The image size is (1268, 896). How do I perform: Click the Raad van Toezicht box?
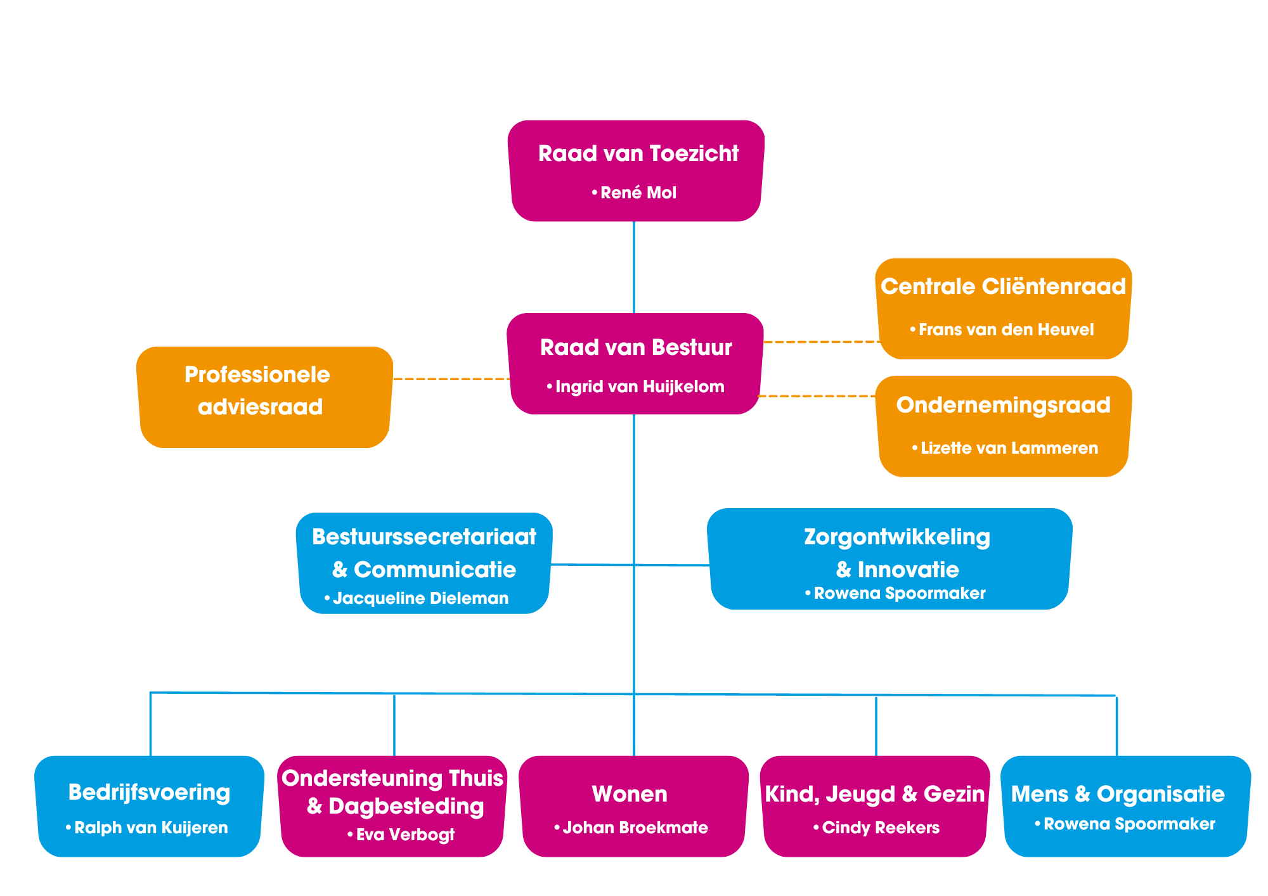coord(636,171)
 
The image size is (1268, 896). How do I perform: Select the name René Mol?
coord(637,193)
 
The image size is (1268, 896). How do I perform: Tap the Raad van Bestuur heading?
coord(636,347)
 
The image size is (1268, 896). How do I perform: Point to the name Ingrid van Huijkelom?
coord(639,387)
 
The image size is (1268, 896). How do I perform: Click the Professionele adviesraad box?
coord(264,397)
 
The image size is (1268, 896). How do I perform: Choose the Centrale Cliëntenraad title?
coord(1003,286)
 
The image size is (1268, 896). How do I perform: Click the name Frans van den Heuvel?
coord(1006,330)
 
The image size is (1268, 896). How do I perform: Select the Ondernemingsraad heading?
coord(1003,405)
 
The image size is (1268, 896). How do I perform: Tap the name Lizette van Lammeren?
coord(1008,448)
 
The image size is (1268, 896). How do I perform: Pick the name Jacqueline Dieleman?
coord(420,598)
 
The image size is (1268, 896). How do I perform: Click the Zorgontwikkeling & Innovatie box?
coord(890,559)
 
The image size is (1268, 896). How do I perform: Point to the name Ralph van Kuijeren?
coord(150,828)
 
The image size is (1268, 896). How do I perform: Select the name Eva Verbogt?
coord(404,835)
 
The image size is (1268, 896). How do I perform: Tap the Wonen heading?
coord(630,794)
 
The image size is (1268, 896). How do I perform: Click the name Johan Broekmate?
coord(635,828)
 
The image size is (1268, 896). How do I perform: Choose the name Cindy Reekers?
coord(880,828)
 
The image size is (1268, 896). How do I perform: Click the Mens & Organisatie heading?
coord(1117,794)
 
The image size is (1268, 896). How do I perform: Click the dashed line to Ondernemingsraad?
coord(818,396)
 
